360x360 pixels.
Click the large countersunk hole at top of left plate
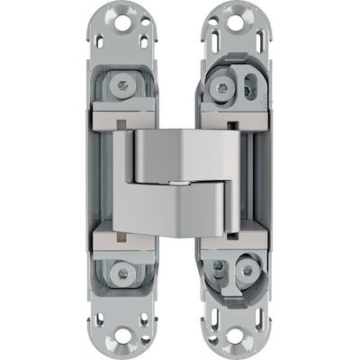120,19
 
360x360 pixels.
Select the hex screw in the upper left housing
121,87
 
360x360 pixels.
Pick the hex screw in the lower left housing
121,272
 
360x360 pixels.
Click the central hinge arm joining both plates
180,180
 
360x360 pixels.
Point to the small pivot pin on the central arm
180,181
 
